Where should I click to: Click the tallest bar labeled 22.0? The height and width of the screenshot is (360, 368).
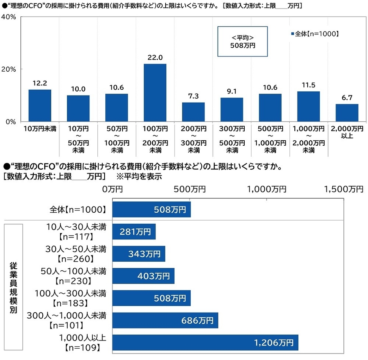click(x=155, y=92)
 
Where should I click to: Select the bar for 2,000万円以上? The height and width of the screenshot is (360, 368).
click(x=347, y=112)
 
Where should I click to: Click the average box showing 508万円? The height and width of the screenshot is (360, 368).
click(x=242, y=42)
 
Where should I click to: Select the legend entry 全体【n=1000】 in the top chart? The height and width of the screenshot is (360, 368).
click(x=314, y=34)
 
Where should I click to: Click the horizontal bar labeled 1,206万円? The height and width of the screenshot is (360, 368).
click(x=205, y=343)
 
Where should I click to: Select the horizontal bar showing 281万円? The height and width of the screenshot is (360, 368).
click(x=134, y=232)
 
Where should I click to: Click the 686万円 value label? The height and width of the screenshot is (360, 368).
click(x=197, y=321)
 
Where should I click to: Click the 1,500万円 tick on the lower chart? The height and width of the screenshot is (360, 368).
click(x=343, y=189)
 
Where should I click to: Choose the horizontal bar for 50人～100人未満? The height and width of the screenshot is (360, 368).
click(x=143, y=276)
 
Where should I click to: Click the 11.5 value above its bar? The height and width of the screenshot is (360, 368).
click(x=308, y=85)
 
